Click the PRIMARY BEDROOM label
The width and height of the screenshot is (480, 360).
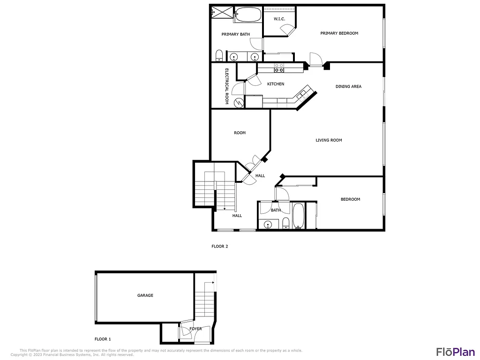click(x=339, y=33)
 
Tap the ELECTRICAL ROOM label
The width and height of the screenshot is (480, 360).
click(x=226, y=86)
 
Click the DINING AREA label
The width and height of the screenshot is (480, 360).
click(x=348, y=86)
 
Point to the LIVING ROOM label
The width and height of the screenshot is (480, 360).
click(x=329, y=140)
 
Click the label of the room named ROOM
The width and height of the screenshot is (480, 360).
click(x=240, y=133)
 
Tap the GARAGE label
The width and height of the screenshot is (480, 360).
click(x=145, y=296)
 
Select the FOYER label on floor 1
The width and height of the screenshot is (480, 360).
click(x=195, y=329)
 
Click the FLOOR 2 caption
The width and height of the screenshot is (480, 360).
click(x=219, y=246)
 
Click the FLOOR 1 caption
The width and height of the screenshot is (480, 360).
click(x=103, y=339)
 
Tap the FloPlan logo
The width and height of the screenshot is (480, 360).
click(x=455, y=352)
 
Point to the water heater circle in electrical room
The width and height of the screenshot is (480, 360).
click(x=239, y=102)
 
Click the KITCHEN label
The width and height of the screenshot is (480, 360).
click(x=276, y=84)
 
